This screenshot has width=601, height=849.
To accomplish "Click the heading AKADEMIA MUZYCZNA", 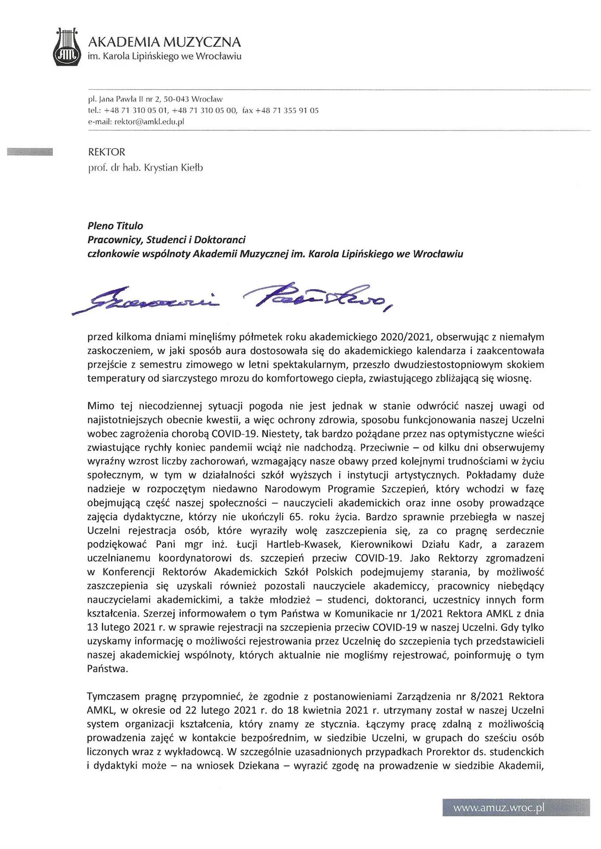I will pos(164,42).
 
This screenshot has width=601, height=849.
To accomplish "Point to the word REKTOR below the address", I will pos(107,152).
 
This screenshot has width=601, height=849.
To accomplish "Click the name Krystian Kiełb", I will pos(173,168).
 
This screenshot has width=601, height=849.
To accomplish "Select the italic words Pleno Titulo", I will pos(115,226).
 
